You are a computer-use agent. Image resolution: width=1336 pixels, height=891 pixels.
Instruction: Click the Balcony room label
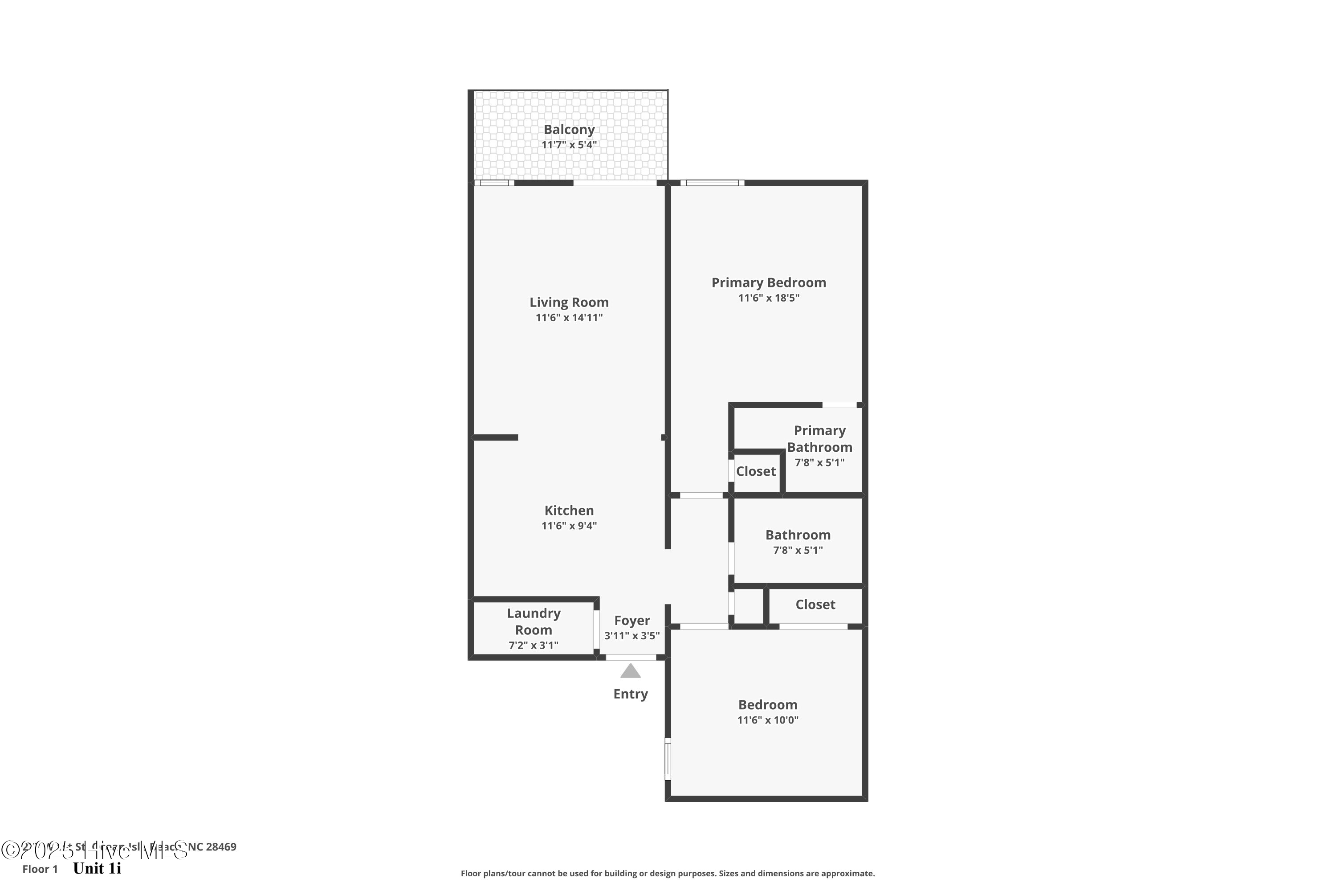pyautogui.click(x=569, y=130)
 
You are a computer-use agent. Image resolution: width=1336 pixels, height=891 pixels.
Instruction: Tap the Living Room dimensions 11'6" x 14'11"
pyautogui.click(x=569, y=318)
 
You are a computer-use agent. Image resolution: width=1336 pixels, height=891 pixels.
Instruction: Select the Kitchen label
pyautogui.click(x=569, y=510)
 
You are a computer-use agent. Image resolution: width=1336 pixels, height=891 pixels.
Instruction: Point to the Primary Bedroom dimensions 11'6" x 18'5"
pyautogui.click(x=769, y=298)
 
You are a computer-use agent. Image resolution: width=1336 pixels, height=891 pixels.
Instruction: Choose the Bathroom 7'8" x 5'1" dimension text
pyautogui.click(x=798, y=550)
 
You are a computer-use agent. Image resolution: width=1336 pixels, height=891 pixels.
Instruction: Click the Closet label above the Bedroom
pyautogui.click(x=815, y=605)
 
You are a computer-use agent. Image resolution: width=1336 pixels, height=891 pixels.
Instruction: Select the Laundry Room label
pyautogui.click(x=534, y=621)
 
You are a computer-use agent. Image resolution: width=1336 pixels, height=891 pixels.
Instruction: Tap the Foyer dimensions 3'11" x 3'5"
pyautogui.click(x=631, y=636)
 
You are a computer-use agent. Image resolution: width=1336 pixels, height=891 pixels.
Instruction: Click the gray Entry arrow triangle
pyautogui.click(x=630, y=672)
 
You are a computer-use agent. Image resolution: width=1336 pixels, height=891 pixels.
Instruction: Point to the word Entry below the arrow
pyautogui.click(x=630, y=694)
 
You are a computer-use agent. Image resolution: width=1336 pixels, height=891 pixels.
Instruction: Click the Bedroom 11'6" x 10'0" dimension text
pyautogui.click(x=767, y=720)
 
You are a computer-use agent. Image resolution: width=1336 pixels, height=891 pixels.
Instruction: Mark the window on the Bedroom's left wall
pyautogui.click(x=668, y=758)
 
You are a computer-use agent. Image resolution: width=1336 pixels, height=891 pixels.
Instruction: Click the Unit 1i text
pyautogui.click(x=97, y=868)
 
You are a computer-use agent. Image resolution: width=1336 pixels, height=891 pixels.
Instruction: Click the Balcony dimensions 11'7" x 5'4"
pyautogui.click(x=569, y=145)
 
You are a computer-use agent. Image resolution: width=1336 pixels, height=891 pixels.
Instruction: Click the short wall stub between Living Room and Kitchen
pyautogui.click(x=495, y=437)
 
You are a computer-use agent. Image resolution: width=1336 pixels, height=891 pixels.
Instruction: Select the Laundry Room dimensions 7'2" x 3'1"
pyautogui.click(x=534, y=646)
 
